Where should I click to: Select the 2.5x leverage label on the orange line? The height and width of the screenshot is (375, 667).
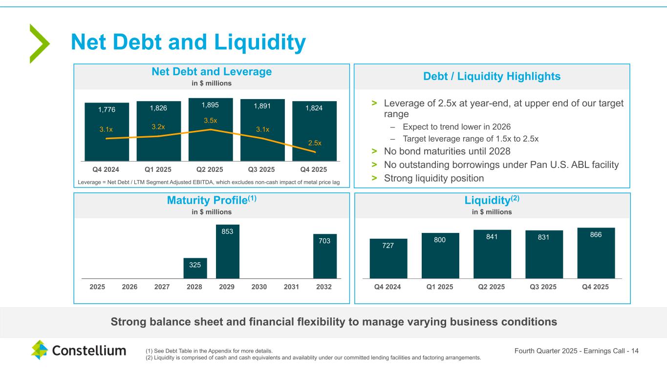(315, 143)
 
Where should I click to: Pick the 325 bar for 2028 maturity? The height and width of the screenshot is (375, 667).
(195, 269)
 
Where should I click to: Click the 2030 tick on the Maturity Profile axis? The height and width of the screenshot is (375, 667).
(259, 287)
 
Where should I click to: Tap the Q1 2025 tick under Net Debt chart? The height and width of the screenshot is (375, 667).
(158, 170)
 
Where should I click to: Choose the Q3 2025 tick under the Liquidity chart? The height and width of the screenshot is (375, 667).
(544, 287)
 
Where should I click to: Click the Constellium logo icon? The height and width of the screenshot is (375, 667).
(40, 350)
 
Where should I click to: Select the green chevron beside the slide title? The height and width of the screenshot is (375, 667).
(39, 43)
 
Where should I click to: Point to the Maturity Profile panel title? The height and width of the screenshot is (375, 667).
(211, 200)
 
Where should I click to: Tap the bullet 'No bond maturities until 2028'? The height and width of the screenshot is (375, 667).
(447, 151)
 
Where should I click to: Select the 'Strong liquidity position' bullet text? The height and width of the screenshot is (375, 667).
(434, 178)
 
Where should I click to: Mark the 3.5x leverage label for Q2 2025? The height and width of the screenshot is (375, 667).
(211, 121)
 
